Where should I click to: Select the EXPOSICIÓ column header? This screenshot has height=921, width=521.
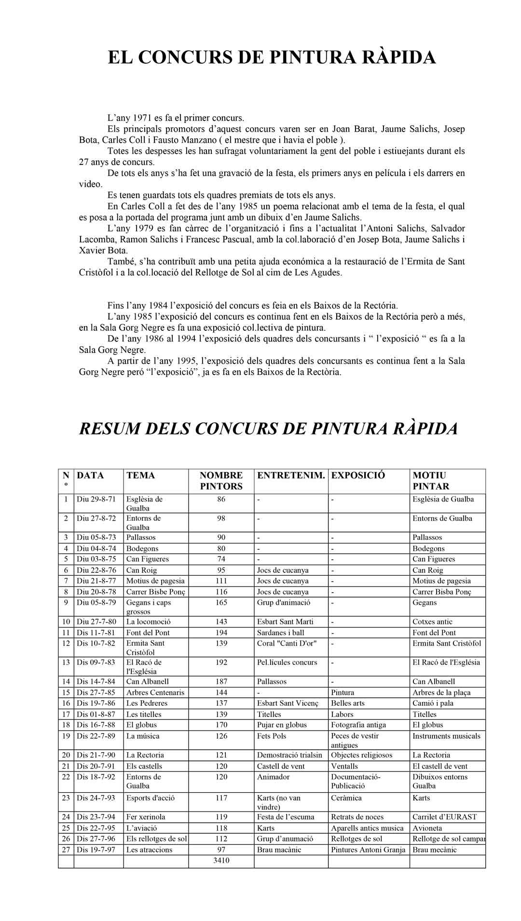(x=358, y=475)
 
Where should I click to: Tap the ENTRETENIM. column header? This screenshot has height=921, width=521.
(x=290, y=475)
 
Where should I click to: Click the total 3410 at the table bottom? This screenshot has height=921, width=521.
(x=221, y=861)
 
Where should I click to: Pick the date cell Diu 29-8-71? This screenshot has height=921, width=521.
(x=96, y=499)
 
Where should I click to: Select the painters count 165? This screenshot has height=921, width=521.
(x=221, y=602)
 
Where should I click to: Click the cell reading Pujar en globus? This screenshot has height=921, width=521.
(x=282, y=725)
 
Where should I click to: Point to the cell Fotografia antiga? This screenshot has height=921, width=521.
(x=358, y=725)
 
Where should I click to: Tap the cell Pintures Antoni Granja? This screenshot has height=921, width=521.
(x=368, y=850)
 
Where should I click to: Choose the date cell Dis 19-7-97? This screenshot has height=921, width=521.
(x=96, y=850)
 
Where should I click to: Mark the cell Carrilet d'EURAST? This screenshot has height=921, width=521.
(x=444, y=817)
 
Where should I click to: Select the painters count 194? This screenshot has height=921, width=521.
(x=221, y=633)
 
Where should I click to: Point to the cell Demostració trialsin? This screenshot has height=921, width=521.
(x=289, y=755)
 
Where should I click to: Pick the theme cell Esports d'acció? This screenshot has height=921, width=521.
(x=151, y=798)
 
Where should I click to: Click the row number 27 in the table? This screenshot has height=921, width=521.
(x=66, y=850)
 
